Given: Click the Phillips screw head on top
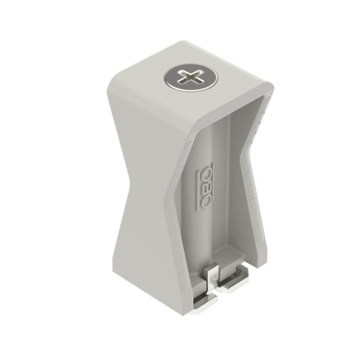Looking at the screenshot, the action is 190,78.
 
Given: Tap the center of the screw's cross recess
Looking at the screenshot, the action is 190,78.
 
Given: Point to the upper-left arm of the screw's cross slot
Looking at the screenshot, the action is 184,74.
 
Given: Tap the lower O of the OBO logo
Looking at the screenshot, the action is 205,201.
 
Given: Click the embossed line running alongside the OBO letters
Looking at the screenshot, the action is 197,190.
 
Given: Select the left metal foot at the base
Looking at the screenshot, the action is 205,301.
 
